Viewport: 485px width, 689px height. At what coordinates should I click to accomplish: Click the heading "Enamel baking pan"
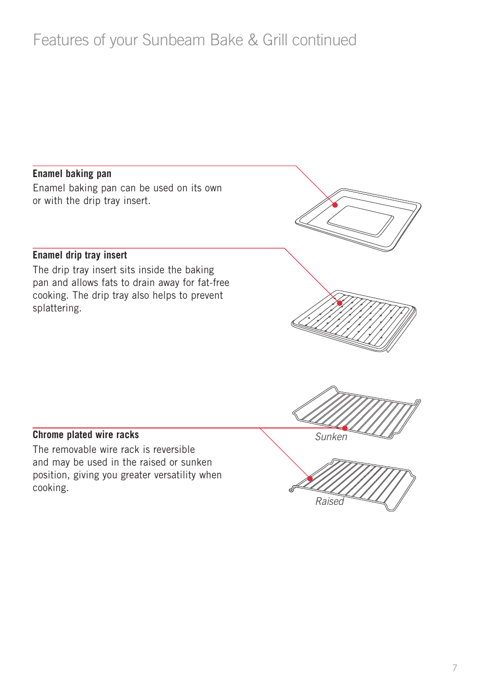(72, 174)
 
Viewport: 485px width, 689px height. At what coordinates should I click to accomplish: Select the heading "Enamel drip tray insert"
(80, 255)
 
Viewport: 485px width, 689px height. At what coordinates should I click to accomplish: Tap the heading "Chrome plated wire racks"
(85, 435)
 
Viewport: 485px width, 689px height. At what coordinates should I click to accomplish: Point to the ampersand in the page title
(253, 40)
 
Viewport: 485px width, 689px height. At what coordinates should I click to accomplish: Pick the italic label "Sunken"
(331, 437)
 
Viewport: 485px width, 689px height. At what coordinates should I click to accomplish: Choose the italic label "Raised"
(329, 502)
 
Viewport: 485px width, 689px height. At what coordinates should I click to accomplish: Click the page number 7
(454, 668)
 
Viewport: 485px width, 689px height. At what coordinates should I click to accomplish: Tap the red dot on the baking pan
(335, 205)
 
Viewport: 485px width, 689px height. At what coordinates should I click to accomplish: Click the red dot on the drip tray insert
(340, 303)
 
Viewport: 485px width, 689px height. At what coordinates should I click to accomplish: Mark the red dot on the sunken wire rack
(345, 428)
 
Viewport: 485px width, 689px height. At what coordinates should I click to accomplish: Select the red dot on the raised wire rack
(310, 479)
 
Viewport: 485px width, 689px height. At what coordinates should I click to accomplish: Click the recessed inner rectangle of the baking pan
(360, 220)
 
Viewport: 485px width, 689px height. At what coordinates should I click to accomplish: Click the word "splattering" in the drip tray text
(56, 308)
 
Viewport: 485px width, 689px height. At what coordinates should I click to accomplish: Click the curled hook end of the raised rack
(291, 490)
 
